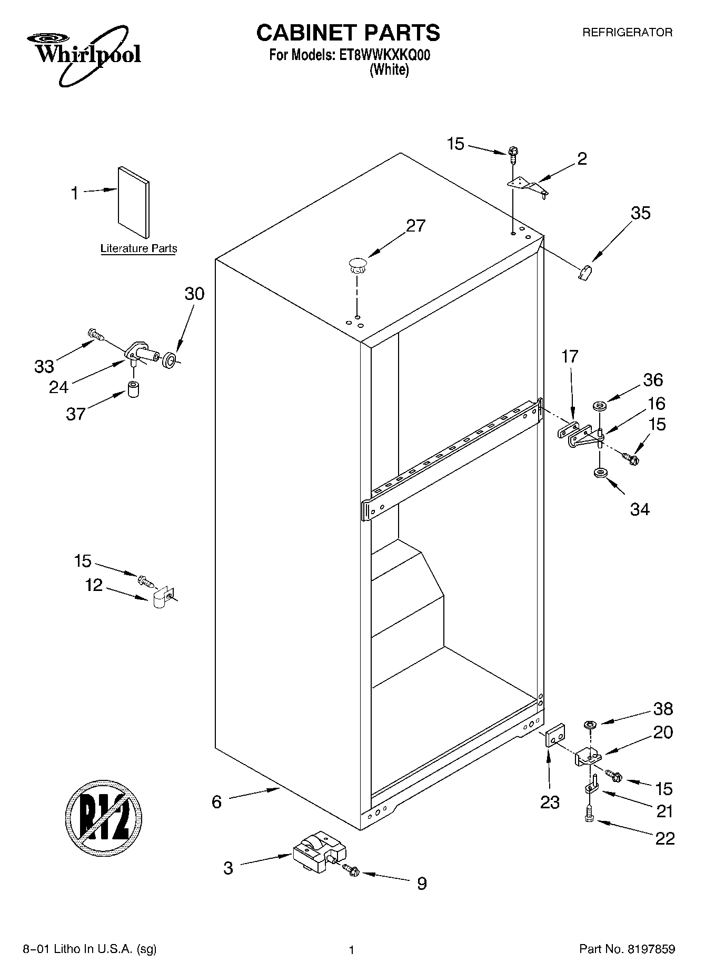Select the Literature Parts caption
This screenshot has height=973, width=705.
[138, 248]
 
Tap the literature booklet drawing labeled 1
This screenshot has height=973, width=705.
[134, 202]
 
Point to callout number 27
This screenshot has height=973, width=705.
[415, 226]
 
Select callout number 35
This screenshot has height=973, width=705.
[640, 213]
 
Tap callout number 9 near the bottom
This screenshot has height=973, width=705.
[422, 884]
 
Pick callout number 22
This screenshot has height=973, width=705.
[664, 838]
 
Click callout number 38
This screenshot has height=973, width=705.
[663, 709]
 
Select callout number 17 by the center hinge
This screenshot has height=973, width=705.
[570, 357]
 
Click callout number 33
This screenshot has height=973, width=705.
[44, 366]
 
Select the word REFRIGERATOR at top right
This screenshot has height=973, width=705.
[627, 33]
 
